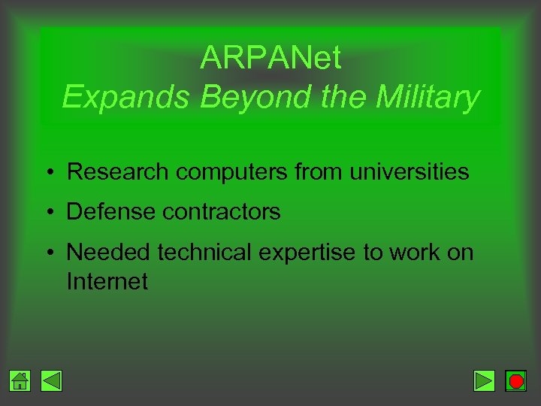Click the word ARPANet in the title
(270, 58)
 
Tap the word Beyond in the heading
(229, 98)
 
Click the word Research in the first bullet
(118, 172)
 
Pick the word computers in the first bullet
(231, 172)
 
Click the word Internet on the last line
(107, 282)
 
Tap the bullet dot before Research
(47, 173)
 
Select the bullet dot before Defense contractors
(47, 213)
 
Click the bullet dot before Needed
(47, 253)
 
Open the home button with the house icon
(21, 381)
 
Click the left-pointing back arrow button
(51, 381)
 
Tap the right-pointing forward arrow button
(485, 381)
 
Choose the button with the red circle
(515, 381)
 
